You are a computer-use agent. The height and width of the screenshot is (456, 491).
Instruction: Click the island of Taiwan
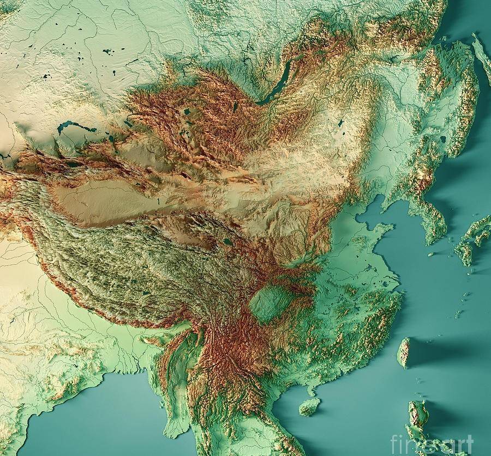(404, 352)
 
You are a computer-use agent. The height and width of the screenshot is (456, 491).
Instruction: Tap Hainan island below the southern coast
(309, 406)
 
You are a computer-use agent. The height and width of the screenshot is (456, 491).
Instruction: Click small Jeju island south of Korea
(431, 254)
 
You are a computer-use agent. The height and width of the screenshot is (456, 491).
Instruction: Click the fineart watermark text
(430, 441)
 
